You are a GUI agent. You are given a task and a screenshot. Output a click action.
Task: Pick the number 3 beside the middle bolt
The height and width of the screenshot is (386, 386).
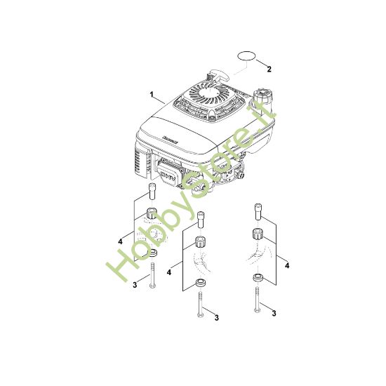coord(216,318)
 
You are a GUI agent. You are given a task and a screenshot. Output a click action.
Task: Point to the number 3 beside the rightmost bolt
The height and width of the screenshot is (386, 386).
coord(274,313)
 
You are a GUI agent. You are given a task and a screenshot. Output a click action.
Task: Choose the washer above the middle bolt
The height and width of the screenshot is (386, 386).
coord(199,283)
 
